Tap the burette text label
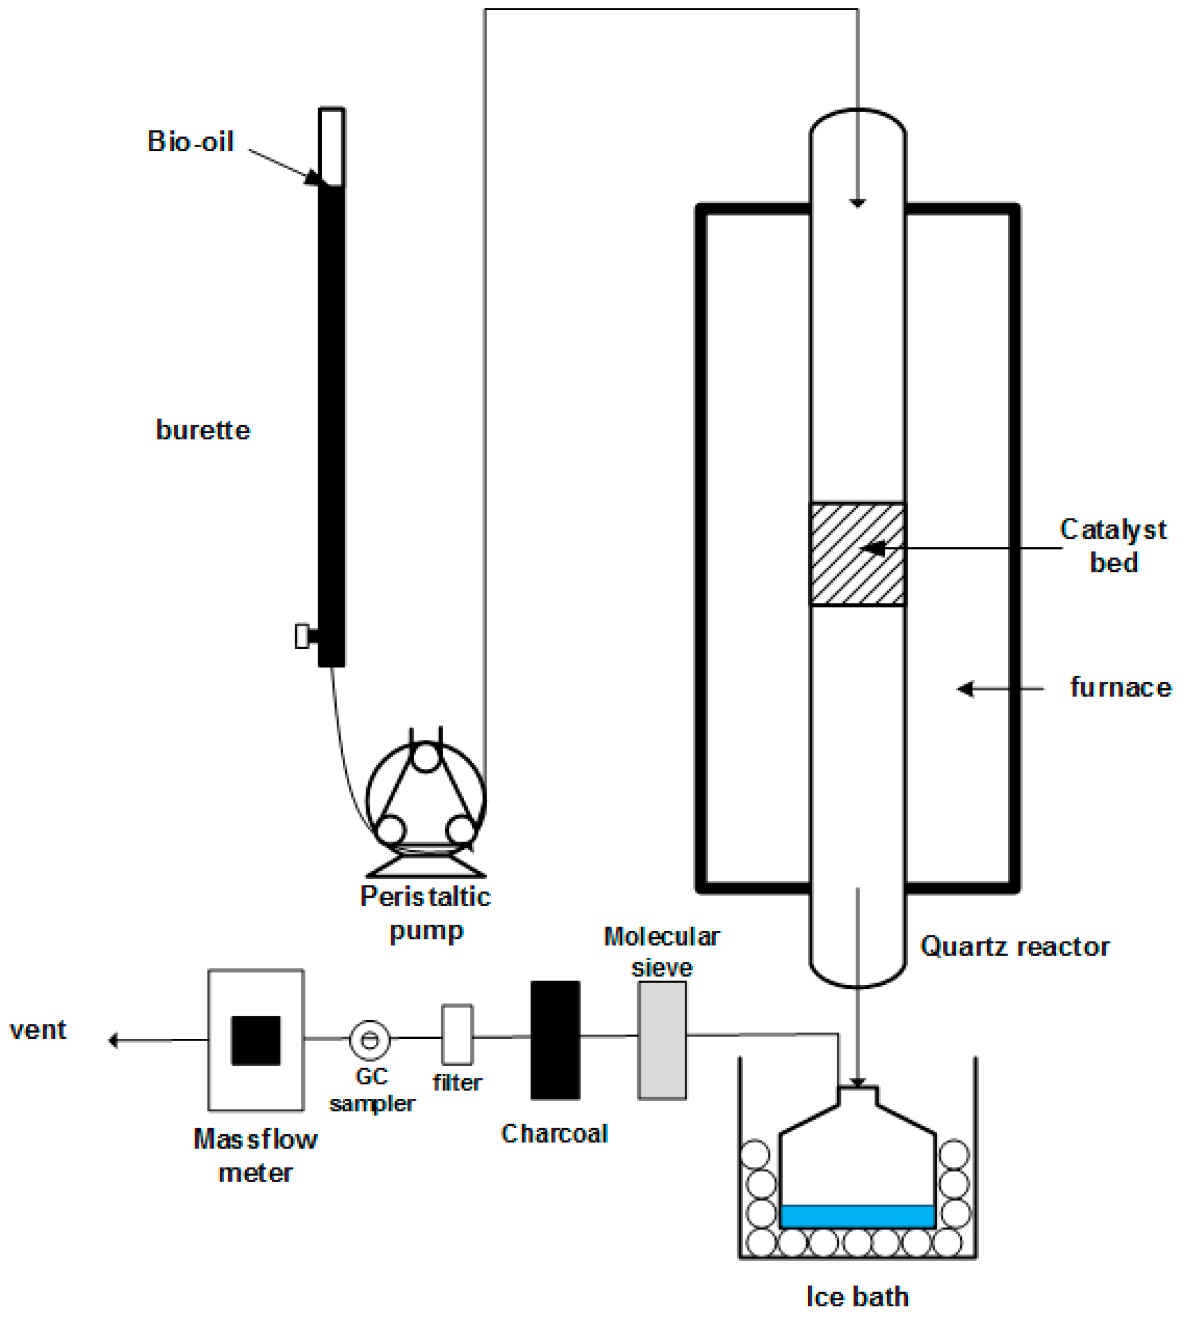click(203, 430)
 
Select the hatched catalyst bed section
click(857, 555)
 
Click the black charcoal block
click(555, 1040)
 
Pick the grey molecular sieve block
click(662, 1040)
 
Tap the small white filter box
click(457, 1035)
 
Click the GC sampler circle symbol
click(369, 1039)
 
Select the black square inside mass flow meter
click(256, 1040)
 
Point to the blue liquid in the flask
click(857, 1216)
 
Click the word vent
click(38, 1030)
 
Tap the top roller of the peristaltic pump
click(426, 757)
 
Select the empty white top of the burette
click(331, 147)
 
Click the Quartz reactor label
click(1014, 947)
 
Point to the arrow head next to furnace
click(965, 689)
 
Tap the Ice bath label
click(857, 1297)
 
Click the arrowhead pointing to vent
click(113, 1040)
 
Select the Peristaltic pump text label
click(426, 913)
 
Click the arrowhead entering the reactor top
click(857, 203)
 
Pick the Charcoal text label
click(554, 1133)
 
